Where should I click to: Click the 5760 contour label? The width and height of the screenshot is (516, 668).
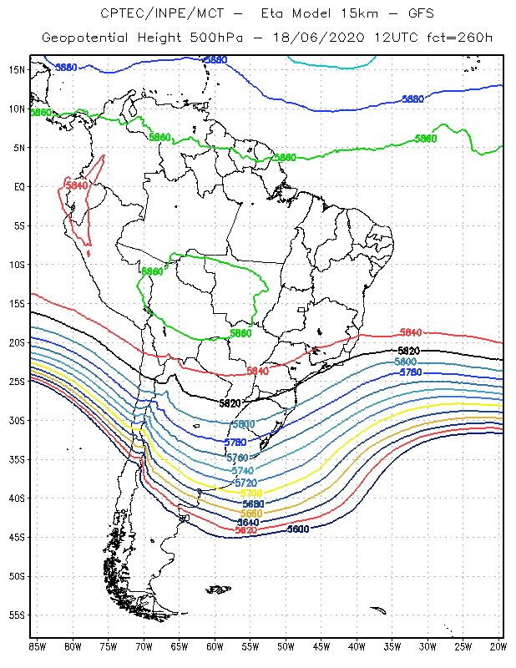click(238, 458)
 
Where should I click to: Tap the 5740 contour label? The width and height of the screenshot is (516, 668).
click(243, 471)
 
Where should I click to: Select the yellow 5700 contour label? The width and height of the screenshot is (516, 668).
click(251, 493)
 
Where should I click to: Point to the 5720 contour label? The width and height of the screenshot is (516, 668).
click(245, 483)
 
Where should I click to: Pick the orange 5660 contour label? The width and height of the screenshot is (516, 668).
click(251, 513)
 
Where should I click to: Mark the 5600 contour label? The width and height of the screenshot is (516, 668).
click(298, 529)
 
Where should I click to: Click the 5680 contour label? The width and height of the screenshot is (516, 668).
click(253, 504)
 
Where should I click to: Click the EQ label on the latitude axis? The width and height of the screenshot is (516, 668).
click(19, 187)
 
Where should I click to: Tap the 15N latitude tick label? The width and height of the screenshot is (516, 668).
click(17, 69)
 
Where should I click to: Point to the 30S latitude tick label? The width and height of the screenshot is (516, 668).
click(17, 421)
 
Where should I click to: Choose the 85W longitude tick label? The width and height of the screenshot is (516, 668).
click(37, 645)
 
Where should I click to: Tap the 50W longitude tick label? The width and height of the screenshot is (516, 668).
click(286, 645)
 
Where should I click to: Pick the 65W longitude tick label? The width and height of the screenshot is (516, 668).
click(180, 645)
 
